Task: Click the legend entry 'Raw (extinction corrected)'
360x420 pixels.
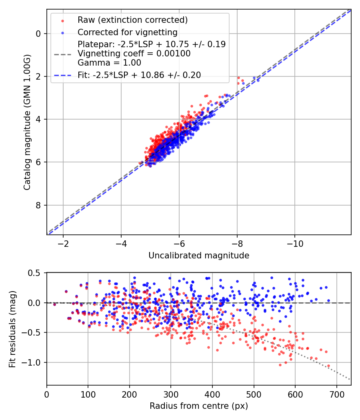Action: click(133, 20)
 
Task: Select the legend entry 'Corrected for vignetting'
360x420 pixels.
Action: click(128, 32)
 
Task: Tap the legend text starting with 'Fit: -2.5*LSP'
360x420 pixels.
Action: click(139, 75)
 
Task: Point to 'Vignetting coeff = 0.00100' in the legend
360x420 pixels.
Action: click(134, 54)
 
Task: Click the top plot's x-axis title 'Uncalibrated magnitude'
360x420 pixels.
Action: click(199, 256)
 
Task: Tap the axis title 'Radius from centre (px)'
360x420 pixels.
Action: click(199, 406)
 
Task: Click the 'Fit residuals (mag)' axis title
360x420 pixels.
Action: click(12, 329)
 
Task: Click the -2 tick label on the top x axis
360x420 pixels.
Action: click(63, 244)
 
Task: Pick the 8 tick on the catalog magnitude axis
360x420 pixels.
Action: click(39, 205)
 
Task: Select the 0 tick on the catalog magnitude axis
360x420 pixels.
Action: click(39, 34)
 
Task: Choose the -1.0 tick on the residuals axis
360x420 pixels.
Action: click(34, 362)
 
